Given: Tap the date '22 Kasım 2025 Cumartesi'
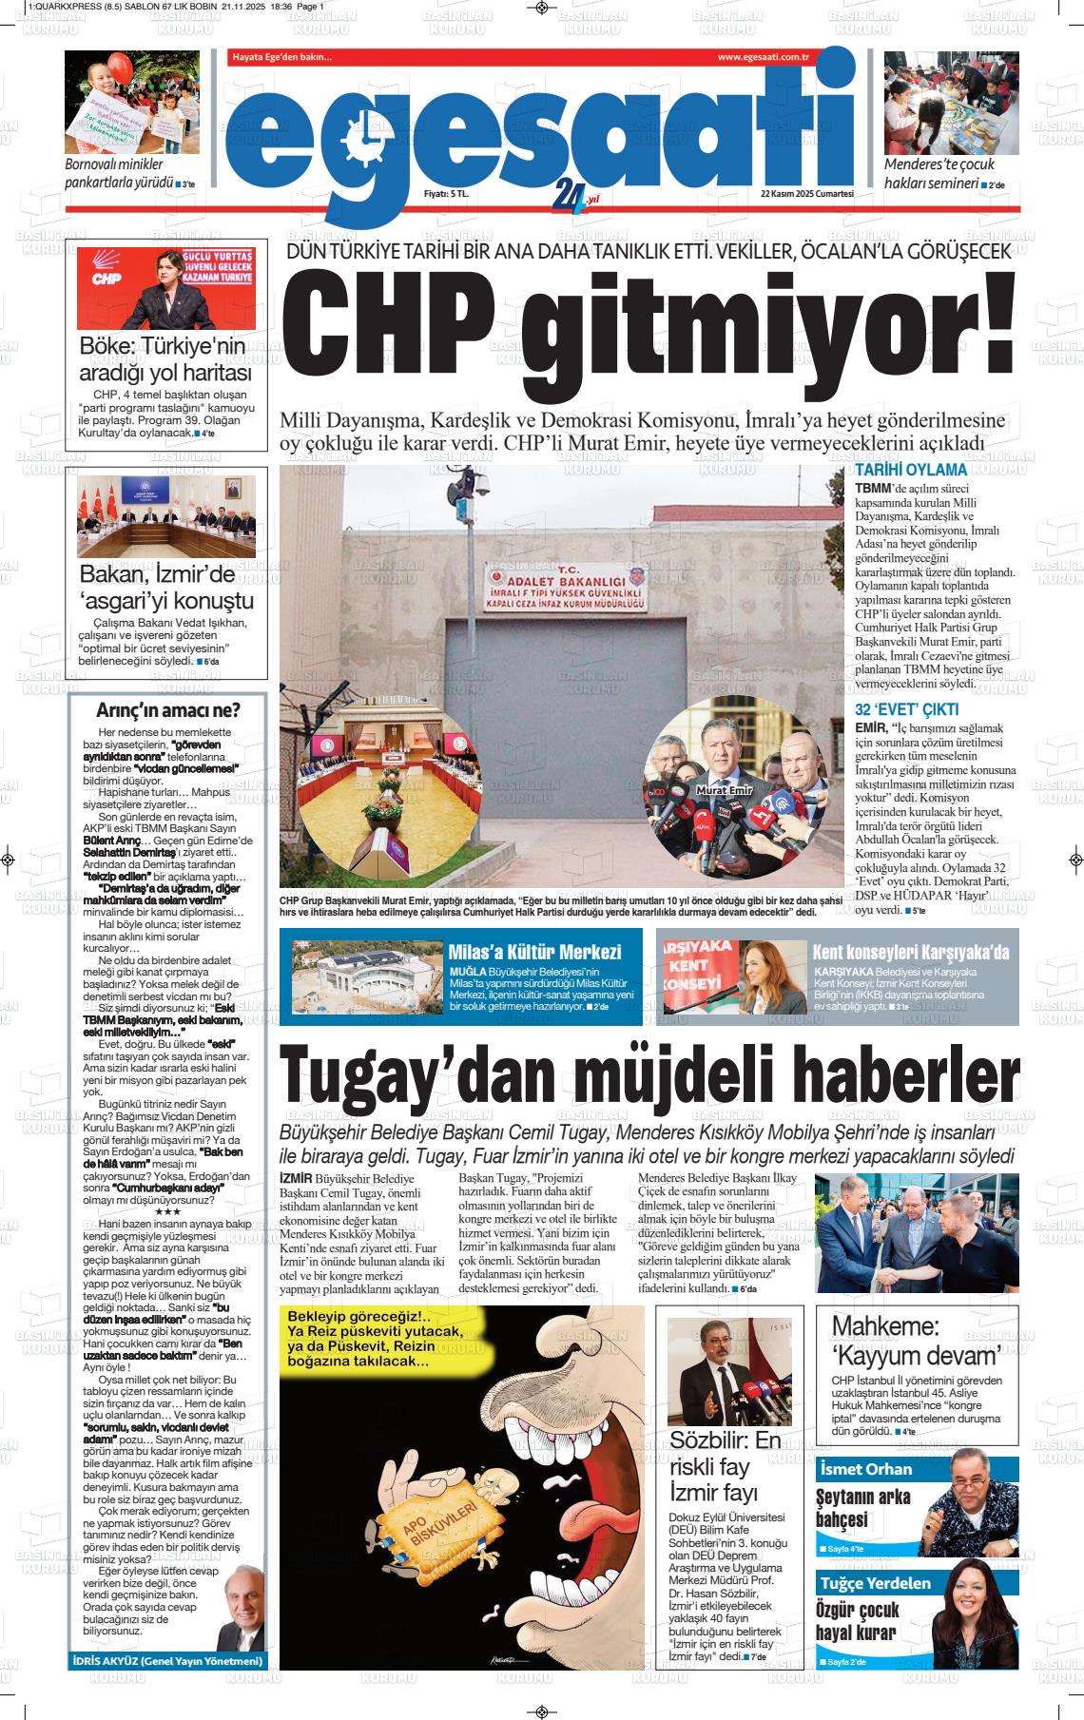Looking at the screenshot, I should tap(807, 193).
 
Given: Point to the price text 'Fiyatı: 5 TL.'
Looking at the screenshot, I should tap(446, 193).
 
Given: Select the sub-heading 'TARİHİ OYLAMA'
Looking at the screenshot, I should tap(911, 470).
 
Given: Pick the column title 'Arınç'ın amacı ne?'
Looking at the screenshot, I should tap(168, 710).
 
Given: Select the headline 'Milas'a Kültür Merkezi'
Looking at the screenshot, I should tap(534, 952).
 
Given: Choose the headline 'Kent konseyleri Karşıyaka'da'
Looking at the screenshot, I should tap(910, 952).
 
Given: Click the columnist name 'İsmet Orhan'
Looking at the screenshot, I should tap(866, 1469).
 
